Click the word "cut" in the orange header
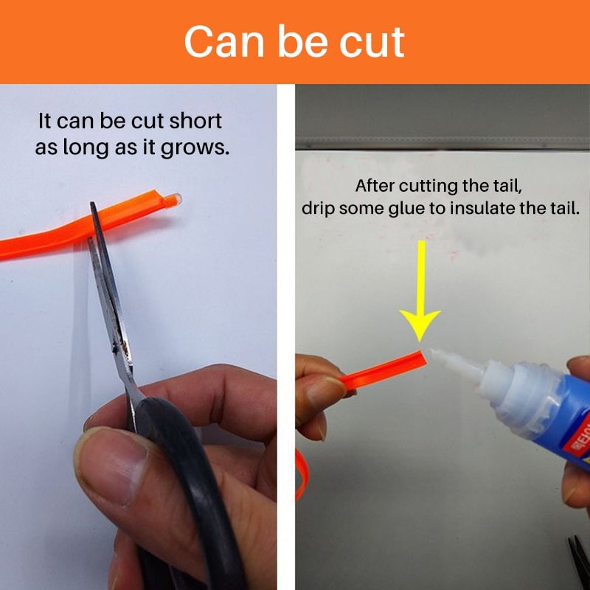click(x=372, y=43)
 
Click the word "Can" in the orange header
click(x=224, y=42)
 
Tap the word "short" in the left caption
click(x=195, y=121)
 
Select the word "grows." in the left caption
click(x=195, y=147)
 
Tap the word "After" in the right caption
click(x=375, y=186)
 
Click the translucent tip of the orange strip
click(x=173, y=200)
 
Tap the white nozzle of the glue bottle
click(x=455, y=363)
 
